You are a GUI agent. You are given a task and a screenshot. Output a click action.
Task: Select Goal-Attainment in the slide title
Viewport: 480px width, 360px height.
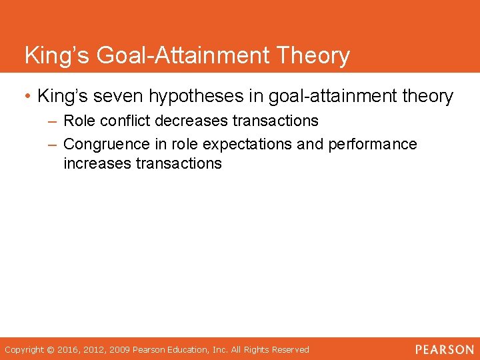183,55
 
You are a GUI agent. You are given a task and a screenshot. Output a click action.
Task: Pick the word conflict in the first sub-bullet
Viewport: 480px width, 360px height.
125,121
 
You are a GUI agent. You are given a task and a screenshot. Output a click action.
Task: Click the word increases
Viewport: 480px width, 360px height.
97,163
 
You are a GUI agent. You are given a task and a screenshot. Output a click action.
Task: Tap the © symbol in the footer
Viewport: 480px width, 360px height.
50,350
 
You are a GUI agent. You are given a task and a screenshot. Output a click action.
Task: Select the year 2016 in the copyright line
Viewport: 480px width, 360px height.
69,350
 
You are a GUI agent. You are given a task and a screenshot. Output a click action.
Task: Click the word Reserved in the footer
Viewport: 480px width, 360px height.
289,350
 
